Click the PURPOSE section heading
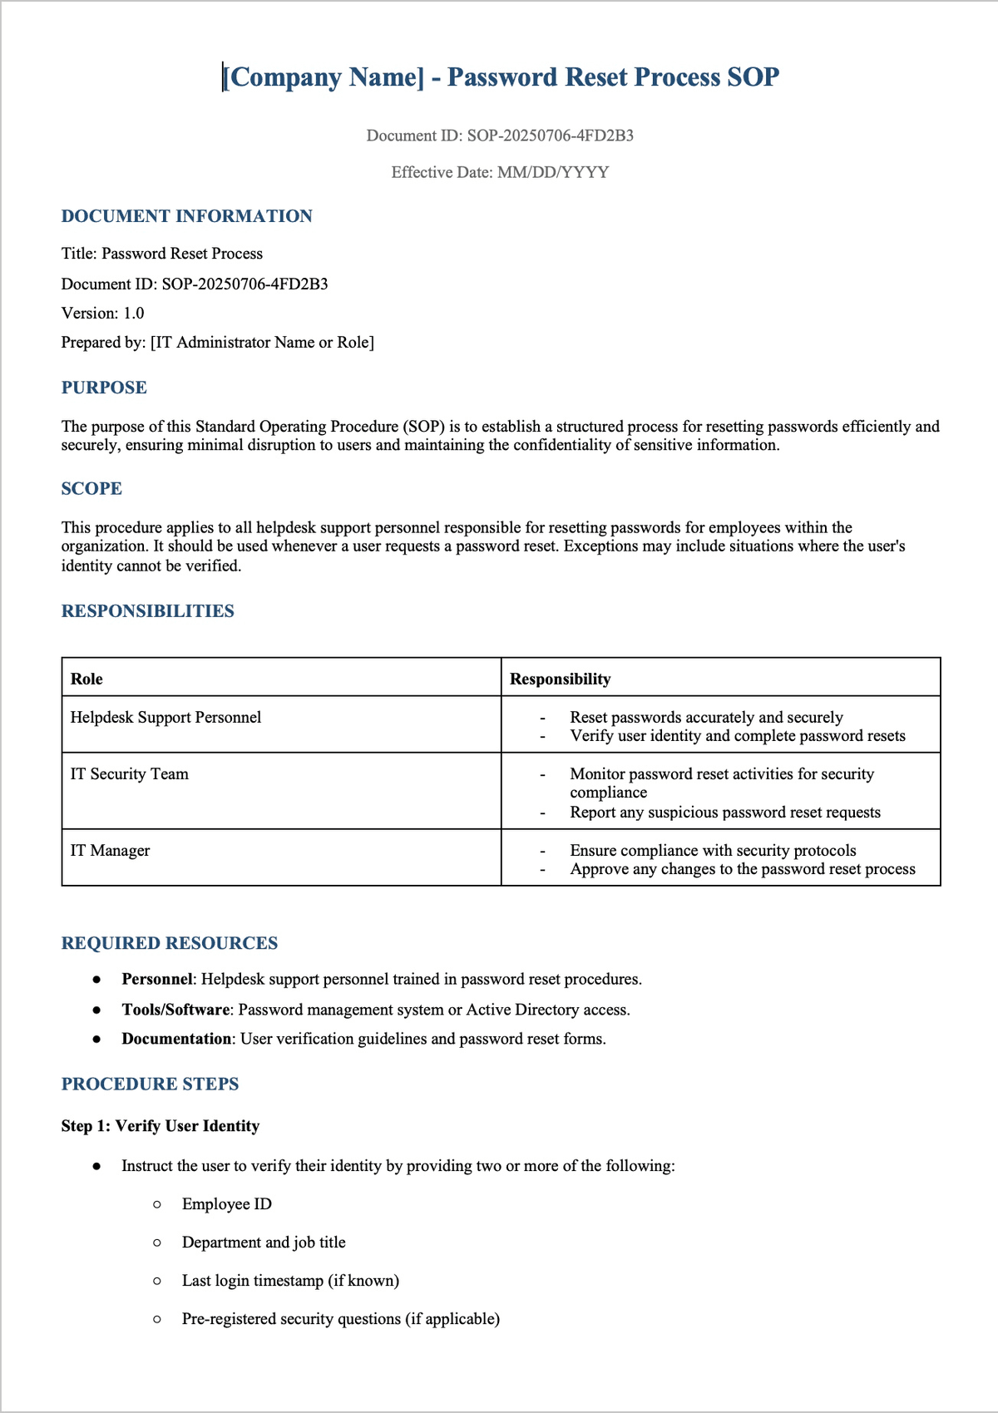[104, 388]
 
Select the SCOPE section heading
[91, 489]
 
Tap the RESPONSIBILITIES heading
[147, 611]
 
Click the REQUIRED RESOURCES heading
[169, 943]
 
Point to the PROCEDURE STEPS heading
[150, 1084]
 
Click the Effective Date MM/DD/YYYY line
[500, 172]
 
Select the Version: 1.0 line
[102, 314]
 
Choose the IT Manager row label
[110, 851]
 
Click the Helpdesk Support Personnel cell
[166, 718]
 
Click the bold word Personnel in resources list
[156, 980]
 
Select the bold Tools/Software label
[175, 1010]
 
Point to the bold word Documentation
[176, 1039]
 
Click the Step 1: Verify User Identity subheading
[160, 1126]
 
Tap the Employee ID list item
[226, 1204]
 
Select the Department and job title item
[264, 1243]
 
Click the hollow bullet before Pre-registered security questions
[157, 1319]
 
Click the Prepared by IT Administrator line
[217, 343]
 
